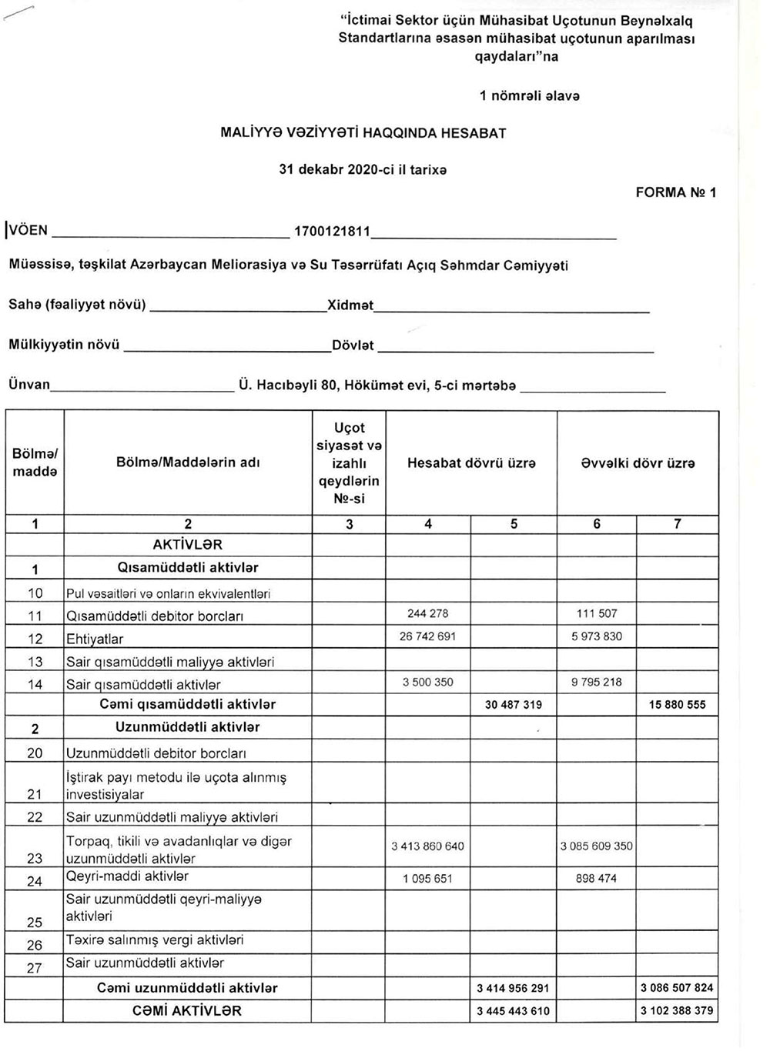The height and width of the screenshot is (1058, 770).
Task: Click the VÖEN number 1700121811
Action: coord(333,231)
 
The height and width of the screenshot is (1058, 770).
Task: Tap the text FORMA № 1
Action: coord(675,192)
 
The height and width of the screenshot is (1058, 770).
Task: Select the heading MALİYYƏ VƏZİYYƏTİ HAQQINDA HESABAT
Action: coord(363,133)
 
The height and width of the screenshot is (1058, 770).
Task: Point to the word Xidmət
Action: coord(350,305)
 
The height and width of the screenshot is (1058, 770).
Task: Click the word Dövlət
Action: coord(353,345)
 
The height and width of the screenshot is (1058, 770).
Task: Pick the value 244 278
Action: coord(427,613)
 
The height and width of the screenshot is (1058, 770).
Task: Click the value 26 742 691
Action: coord(427,636)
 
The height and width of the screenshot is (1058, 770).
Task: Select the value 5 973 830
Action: coord(597,636)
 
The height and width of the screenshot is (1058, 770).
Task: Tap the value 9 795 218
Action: coord(597,682)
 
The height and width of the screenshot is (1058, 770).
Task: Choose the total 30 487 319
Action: coord(513,704)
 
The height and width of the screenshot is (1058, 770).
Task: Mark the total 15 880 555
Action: coord(677,704)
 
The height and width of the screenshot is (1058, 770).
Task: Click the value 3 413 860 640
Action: coord(427,846)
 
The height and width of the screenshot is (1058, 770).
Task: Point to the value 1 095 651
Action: coord(427,879)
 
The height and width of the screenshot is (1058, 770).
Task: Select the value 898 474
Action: coord(597,878)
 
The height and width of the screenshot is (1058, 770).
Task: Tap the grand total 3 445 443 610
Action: coord(513,1010)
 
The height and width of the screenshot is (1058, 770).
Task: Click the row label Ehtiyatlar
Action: coord(95,639)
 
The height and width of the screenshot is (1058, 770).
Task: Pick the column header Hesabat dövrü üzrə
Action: coord(470,463)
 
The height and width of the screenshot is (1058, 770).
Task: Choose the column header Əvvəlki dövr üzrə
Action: coord(638,463)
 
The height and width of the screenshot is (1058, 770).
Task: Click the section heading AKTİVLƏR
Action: coord(188,545)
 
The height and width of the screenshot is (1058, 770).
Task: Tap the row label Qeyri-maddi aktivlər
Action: coord(127,876)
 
